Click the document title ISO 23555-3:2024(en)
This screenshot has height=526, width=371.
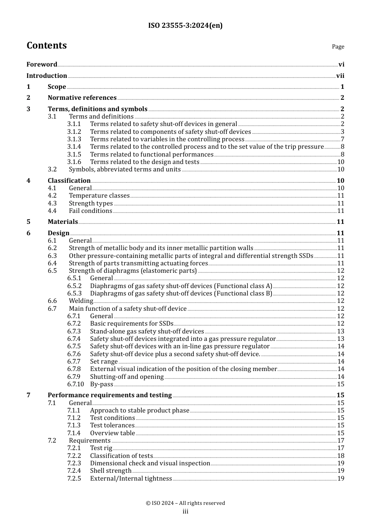click(185, 26)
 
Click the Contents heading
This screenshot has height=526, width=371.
click(46, 45)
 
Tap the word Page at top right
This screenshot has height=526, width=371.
click(338, 47)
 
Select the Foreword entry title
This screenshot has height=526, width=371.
click(42, 65)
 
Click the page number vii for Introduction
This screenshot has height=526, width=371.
click(340, 76)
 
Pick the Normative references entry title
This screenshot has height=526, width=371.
click(82, 98)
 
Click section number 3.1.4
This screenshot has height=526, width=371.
click(74, 147)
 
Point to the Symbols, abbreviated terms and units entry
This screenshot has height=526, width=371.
click(125, 169)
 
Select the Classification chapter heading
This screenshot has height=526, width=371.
click(69, 181)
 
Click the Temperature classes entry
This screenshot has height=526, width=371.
click(99, 196)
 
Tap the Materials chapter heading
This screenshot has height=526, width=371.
click(63, 222)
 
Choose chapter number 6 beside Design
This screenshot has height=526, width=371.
click(29, 233)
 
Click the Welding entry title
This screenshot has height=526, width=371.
click(81, 301)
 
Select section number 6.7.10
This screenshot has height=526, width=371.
click(75, 384)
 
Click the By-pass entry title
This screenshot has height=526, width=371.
click(102, 384)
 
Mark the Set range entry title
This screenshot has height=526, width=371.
click(104, 362)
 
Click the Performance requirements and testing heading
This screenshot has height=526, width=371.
click(110, 395)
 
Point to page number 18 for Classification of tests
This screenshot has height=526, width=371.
click(341, 456)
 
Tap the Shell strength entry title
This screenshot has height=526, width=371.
click(111, 471)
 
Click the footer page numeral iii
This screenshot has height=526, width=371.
click(185, 512)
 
